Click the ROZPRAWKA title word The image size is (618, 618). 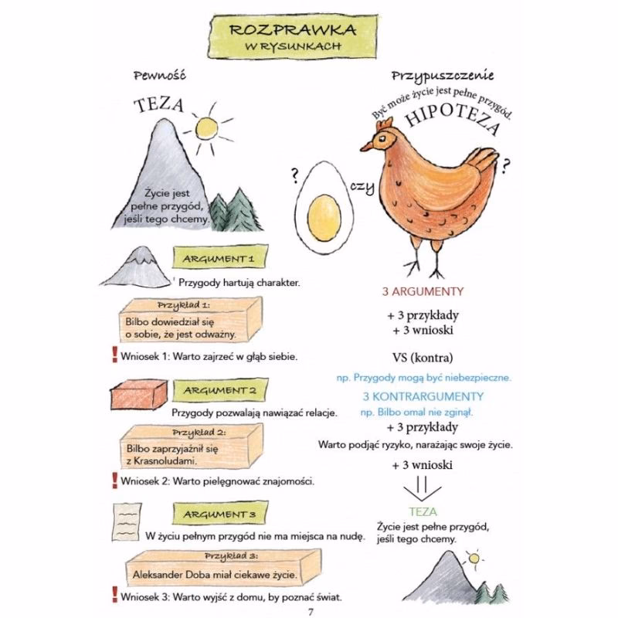point(293,30)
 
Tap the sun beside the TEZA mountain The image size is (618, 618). point(206,127)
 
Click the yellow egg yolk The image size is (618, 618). point(324,218)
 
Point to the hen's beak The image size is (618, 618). point(366,147)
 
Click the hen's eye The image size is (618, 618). point(382,138)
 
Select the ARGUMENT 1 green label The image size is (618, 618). point(220,259)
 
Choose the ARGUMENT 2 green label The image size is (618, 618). point(220,390)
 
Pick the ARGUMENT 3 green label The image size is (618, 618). point(220,514)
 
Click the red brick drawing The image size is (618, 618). point(138,395)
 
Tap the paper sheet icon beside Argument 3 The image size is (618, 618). point(127,521)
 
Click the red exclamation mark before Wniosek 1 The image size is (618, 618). point(114,355)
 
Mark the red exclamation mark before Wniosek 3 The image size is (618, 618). point(114,595)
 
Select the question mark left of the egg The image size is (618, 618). point(294,176)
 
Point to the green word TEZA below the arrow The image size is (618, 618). point(423,511)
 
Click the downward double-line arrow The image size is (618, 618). point(422,489)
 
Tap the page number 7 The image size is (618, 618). point(311,612)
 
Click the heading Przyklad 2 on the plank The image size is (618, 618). point(199,433)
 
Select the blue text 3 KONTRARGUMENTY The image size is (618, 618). point(423,396)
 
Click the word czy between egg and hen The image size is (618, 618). point(362,186)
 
